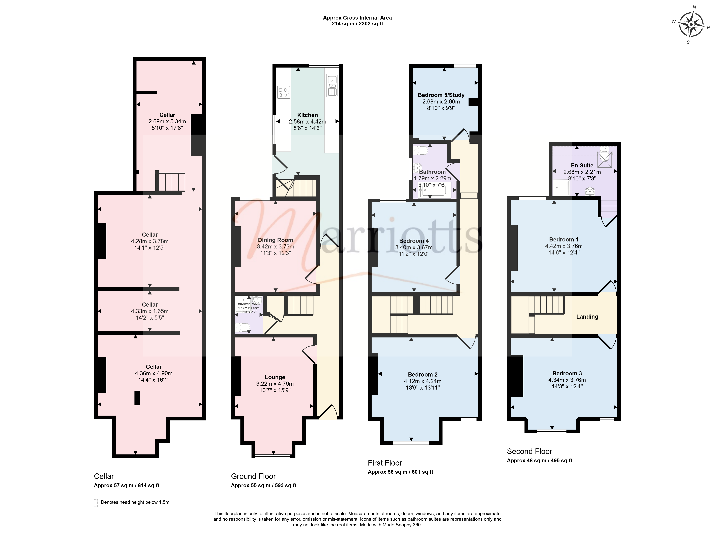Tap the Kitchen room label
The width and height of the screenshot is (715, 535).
307,115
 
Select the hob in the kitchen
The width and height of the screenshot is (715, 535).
284,92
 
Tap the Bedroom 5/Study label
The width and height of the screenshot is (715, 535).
441,95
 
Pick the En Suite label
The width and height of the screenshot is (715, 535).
582,165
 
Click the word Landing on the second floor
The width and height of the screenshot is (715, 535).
587,317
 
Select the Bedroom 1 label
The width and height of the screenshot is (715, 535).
564,240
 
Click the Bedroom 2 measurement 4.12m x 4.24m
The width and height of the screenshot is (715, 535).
422,381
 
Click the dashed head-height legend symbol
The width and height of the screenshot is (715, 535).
96,503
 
